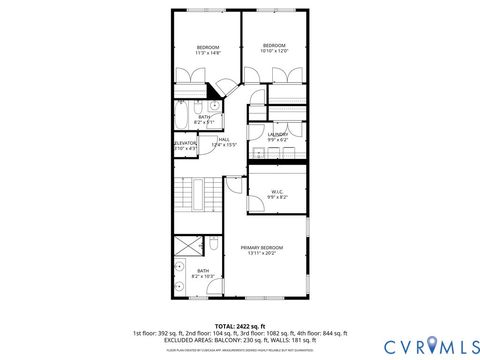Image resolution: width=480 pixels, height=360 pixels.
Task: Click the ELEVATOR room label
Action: coord(185,144)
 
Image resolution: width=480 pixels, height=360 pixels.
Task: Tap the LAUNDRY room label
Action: coord(277,134)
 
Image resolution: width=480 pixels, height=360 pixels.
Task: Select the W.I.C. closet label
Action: coord(278,192)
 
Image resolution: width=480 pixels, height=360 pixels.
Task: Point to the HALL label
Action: coord(224,139)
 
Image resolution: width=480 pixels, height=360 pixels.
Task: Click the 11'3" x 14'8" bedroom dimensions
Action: coord(207,53)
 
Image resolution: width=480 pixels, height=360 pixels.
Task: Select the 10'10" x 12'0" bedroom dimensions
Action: coord(274,51)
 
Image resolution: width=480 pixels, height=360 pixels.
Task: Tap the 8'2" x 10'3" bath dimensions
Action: coord(203,276)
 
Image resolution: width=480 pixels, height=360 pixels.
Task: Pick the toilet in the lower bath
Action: coord(214,245)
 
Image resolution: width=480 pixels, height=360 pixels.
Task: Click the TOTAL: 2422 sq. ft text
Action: coord(240,326)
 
